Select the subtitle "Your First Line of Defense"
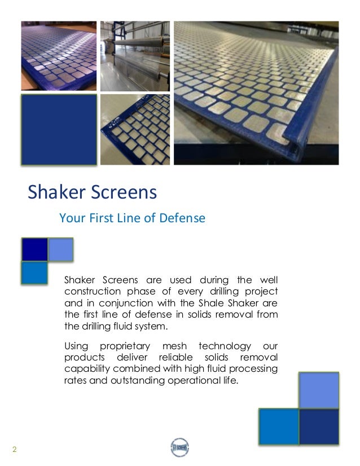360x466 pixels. [132, 218]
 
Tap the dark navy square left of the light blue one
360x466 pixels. [34, 249]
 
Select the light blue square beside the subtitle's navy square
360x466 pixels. [60, 249]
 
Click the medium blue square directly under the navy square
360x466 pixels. [34, 273]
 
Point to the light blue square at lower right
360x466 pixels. [318, 390]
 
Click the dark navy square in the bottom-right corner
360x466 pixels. [318, 427]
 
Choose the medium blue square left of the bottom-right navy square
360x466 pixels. [279, 427]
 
